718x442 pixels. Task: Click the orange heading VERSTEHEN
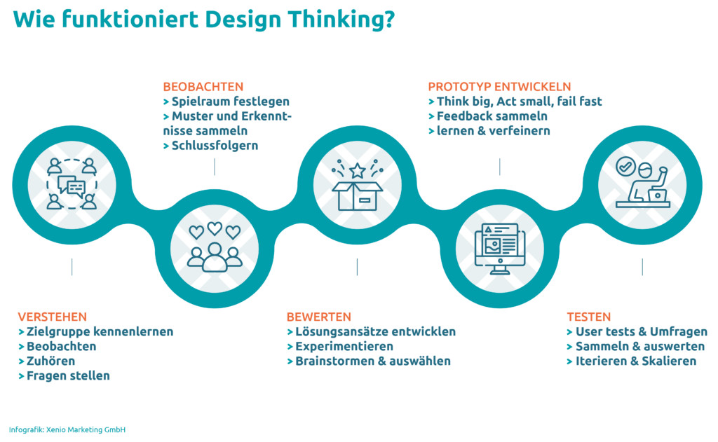[x=52, y=317]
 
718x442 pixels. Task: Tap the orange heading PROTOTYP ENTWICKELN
[x=499, y=86]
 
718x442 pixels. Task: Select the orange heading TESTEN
[x=589, y=317]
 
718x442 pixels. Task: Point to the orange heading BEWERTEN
[x=319, y=317]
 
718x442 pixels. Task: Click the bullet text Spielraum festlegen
[x=230, y=101]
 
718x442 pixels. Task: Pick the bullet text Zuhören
[x=50, y=361]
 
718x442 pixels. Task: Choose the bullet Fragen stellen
[x=68, y=375]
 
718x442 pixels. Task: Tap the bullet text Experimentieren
[x=344, y=346]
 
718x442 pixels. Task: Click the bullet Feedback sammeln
[x=492, y=116]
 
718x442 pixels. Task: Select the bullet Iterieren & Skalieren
[x=636, y=361]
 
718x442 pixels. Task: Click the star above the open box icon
[x=357, y=171]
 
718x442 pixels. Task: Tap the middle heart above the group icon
[x=215, y=228]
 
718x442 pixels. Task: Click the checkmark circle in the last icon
[x=625, y=167]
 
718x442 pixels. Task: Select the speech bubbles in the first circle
[x=72, y=187]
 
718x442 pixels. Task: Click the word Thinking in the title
[x=341, y=20]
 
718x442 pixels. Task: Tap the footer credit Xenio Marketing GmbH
[x=86, y=429]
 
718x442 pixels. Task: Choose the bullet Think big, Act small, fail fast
[x=520, y=101]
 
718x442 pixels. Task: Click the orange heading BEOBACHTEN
[x=203, y=86]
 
